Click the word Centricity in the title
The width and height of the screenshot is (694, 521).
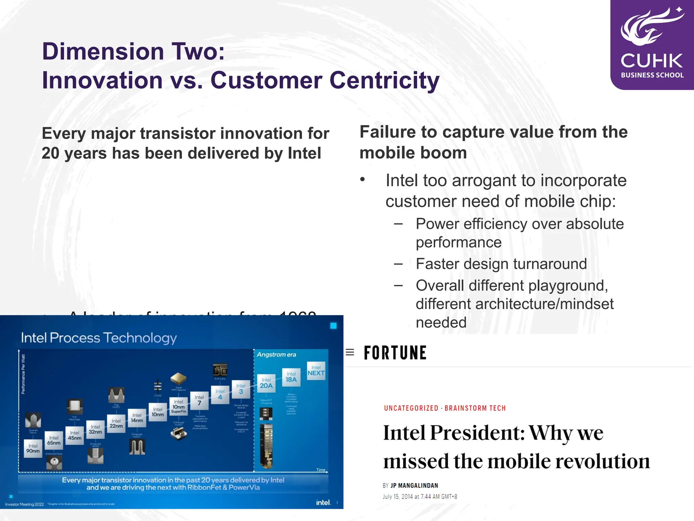coord(384,80)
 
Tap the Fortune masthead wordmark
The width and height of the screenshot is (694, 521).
coord(395,353)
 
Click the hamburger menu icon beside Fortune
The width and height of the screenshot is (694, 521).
coord(350,352)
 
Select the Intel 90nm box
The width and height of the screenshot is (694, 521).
coord(33,448)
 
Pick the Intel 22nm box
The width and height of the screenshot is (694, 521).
coord(116,423)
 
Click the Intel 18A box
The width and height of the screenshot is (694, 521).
coord(291,377)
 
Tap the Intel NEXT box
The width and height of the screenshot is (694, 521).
coord(316,370)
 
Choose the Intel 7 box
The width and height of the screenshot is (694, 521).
coord(199,400)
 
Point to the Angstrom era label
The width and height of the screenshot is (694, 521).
coord(276,354)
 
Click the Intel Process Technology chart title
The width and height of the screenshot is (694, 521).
coord(99,338)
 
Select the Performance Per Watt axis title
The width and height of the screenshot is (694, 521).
coord(23,374)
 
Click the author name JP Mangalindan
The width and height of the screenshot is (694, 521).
coord(414,485)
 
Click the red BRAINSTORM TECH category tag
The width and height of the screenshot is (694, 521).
coord(475,408)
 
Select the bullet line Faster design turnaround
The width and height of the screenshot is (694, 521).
coord(501,264)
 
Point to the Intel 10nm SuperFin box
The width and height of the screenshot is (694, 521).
coord(179,406)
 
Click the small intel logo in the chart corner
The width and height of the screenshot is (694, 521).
coord(323,502)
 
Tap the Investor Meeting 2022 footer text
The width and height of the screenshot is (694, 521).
coord(24,504)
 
